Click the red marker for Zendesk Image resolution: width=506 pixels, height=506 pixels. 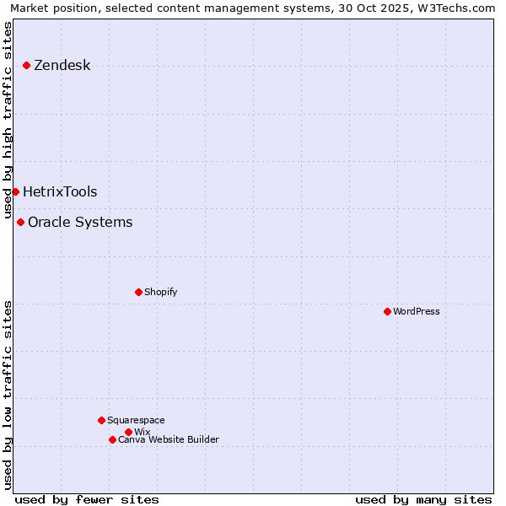[x=26, y=65]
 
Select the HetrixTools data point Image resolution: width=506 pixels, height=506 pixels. [x=15, y=191]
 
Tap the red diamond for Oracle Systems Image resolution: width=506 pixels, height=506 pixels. [x=20, y=222]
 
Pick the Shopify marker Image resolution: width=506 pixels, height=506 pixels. [x=138, y=292]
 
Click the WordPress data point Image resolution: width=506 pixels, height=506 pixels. [x=387, y=311]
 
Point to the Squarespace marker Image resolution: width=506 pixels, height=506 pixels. [x=101, y=420]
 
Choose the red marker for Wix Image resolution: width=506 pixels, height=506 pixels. [x=128, y=432]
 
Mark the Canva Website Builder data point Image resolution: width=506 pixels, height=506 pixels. [x=112, y=439]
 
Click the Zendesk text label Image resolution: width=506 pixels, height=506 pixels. [x=62, y=66]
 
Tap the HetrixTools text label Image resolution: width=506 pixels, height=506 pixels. [x=60, y=192]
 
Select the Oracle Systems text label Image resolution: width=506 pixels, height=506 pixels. [x=80, y=223]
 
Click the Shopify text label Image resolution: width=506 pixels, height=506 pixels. [x=160, y=293]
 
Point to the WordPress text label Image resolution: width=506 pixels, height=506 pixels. [x=417, y=312]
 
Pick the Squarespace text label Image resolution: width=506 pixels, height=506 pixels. [x=136, y=421]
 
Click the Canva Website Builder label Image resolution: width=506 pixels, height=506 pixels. [x=169, y=440]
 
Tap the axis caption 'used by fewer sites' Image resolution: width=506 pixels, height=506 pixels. [x=87, y=499]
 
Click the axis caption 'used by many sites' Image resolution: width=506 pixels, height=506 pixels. [x=423, y=499]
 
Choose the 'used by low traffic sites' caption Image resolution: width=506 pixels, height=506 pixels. [x=8, y=394]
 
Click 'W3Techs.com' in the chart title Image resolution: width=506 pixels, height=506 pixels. [x=457, y=8]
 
